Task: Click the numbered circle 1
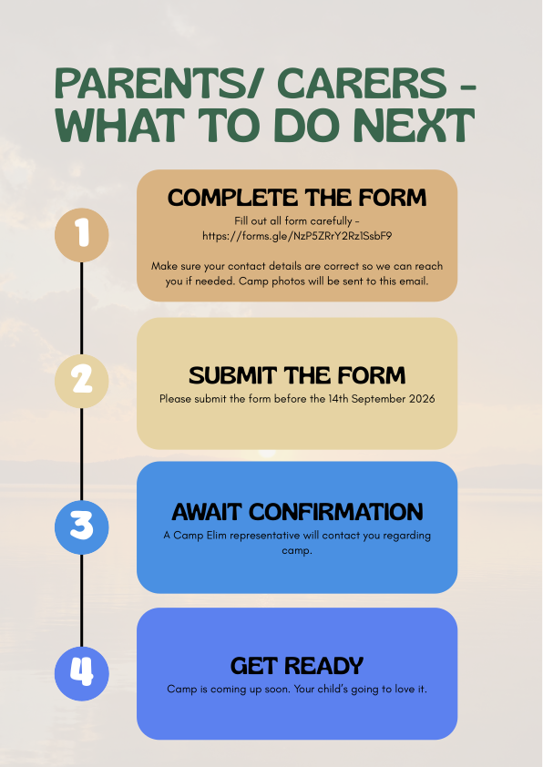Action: click(x=82, y=235)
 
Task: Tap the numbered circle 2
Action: click(x=82, y=381)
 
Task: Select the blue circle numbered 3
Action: click(x=82, y=527)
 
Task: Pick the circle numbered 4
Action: click(x=82, y=673)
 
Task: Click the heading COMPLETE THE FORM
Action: click(x=297, y=198)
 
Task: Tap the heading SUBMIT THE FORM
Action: click(x=297, y=375)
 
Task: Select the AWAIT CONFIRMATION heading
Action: click(x=297, y=512)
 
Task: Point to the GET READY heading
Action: click(x=297, y=666)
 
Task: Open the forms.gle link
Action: click(x=297, y=236)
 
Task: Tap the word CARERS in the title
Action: click(x=362, y=84)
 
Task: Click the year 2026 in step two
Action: click(x=421, y=399)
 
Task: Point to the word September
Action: click(x=378, y=399)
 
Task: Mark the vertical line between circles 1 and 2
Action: click(x=82, y=308)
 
